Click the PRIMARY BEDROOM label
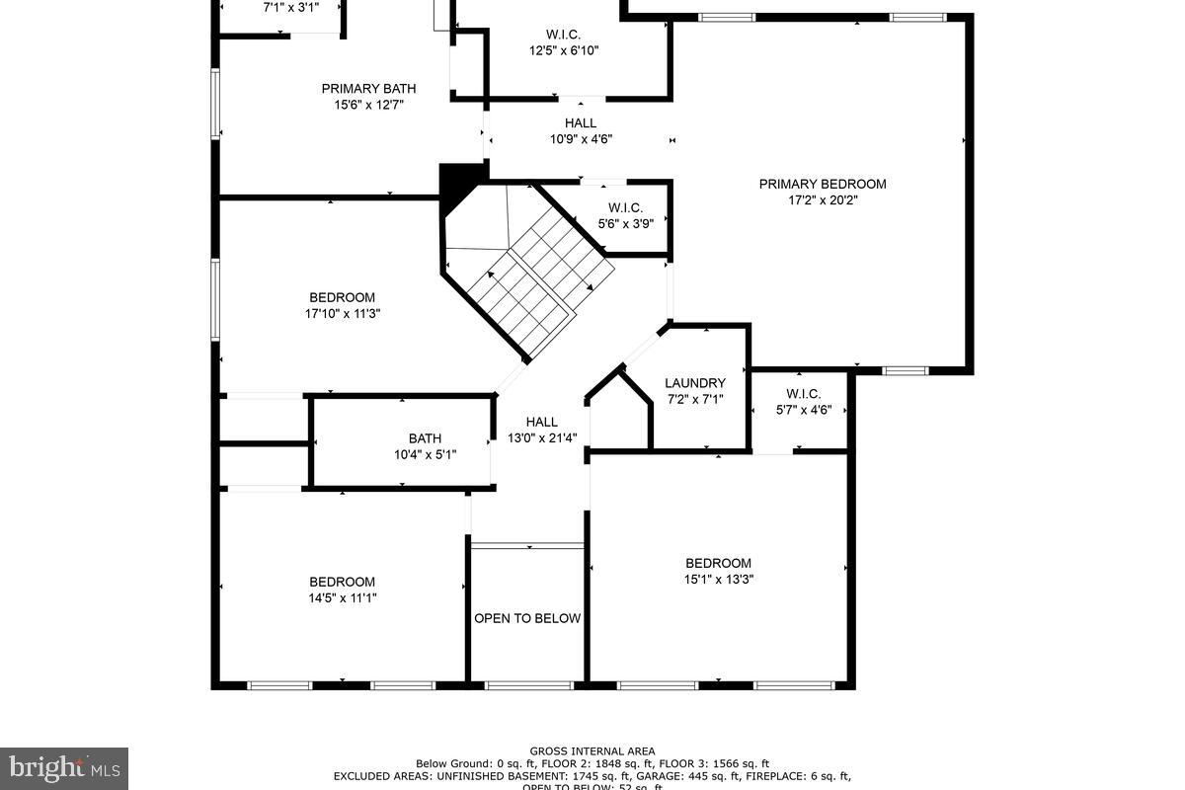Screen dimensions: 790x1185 point(822,184)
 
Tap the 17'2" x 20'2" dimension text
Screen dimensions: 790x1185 point(822,200)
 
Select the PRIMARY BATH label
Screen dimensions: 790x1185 point(362,89)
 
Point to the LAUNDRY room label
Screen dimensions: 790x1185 point(694,383)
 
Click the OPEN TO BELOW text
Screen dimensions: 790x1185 point(527,618)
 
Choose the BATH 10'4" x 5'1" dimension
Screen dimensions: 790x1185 point(425,455)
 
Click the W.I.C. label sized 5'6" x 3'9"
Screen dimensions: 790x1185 point(625,207)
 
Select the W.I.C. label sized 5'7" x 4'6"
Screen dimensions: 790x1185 point(803,393)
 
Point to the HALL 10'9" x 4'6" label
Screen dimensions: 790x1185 point(581,123)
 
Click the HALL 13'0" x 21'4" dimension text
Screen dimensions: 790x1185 point(541,438)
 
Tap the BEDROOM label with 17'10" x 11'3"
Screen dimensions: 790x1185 point(342,297)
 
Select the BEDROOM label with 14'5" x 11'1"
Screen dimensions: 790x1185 point(342,582)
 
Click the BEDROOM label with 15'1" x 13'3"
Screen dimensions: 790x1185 point(718,563)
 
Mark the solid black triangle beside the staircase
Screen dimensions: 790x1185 point(455,184)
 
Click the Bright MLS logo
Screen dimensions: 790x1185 point(63,767)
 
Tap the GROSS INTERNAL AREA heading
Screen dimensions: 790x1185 point(592,751)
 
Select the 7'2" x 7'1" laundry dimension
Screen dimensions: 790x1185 point(694,400)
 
